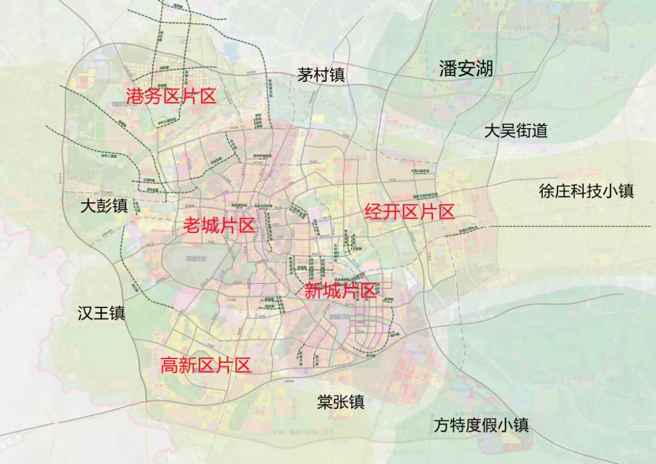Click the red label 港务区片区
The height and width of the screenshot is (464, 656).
(x=171, y=96)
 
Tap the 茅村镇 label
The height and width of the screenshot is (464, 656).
(x=321, y=75)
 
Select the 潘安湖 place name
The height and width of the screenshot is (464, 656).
(x=466, y=69)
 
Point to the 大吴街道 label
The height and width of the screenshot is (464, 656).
(x=516, y=130)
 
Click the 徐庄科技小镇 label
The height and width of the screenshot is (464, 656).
(x=586, y=191)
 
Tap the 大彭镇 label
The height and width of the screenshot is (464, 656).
(x=104, y=206)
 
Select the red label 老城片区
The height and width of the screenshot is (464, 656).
(x=219, y=226)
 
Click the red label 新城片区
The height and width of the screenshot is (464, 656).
(x=340, y=291)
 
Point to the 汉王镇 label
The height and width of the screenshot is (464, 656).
(x=101, y=313)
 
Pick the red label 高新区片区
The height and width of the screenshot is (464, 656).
(x=205, y=365)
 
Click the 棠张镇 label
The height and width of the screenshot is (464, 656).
(x=340, y=402)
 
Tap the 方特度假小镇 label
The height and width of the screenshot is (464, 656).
(x=481, y=425)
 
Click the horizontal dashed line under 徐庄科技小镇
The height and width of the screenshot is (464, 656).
(x=571, y=226)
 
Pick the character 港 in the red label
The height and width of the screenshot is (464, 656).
(x=135, y=96)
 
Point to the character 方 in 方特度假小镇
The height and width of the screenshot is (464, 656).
(x=442, y=425)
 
